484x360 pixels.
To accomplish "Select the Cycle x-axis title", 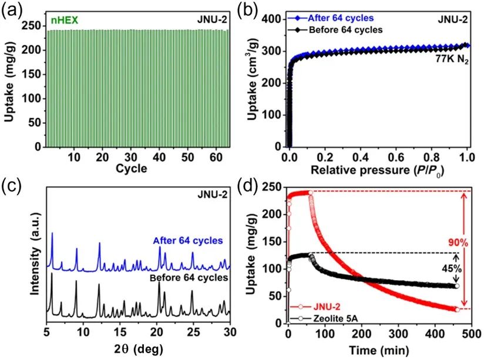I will click(x=132, y=169).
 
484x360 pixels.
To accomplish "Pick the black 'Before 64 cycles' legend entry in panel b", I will click(x=340, y=29).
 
